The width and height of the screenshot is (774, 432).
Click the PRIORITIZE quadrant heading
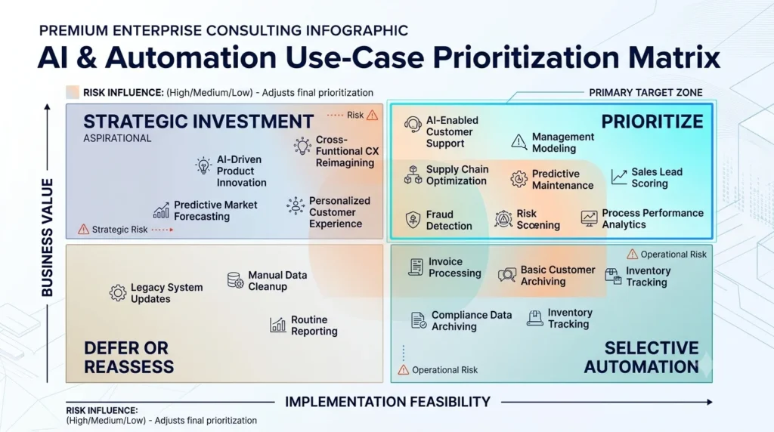pos(652,122)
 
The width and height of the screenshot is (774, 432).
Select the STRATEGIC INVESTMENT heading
pos(199,122)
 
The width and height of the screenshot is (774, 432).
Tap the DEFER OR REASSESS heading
pos(128,357)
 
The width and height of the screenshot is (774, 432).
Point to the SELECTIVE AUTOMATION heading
pos(642,357)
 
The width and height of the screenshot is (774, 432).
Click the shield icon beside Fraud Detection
pos(413,220)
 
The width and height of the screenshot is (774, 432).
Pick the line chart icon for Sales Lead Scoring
pos(619,177)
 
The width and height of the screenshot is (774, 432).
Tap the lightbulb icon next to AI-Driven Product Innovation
pos(203,165)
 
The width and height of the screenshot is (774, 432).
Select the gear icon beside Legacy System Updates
pos(117,293)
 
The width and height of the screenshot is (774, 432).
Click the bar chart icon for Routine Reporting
pos(278,325)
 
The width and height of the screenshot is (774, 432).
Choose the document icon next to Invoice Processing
pos(416,267)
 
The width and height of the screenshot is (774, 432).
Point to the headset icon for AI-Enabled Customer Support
pos(413,125)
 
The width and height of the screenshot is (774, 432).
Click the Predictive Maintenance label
pos(562,180)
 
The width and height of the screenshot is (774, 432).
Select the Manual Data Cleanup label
pos(277,281)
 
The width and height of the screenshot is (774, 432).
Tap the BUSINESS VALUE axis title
pos(48,238)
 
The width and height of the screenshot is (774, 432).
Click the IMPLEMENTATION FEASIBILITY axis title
pos(388,402)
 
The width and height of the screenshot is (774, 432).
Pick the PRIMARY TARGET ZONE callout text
pos(646,93)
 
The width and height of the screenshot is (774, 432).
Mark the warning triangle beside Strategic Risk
pos(83,230)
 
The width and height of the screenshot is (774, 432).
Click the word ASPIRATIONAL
pos(117,138)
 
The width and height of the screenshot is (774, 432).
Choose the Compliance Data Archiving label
pos(472,320)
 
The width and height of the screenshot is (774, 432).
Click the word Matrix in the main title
pos(674,57)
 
